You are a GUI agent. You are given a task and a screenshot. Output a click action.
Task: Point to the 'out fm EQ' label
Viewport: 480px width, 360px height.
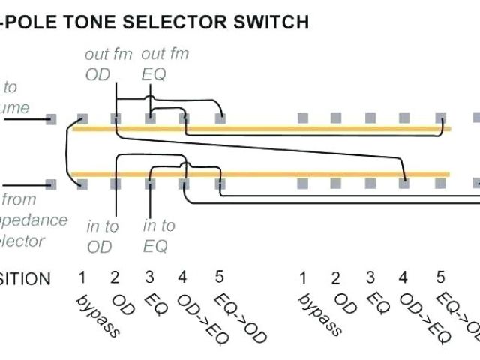164,64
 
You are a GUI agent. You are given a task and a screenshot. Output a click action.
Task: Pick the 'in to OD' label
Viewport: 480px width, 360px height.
102,235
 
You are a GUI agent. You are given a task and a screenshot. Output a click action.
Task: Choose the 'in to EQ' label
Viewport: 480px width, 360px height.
159,235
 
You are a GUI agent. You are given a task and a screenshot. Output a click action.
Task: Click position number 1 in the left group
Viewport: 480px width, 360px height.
82,278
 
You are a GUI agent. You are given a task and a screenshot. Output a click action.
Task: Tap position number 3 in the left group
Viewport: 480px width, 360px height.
149,278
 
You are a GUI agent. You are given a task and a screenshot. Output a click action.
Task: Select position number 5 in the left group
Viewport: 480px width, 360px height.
219,277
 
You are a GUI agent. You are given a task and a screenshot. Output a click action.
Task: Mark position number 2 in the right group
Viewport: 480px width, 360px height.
337,278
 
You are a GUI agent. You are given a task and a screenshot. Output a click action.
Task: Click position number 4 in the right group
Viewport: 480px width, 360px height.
403,278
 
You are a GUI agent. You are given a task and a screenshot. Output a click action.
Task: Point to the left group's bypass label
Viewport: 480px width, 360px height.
97,315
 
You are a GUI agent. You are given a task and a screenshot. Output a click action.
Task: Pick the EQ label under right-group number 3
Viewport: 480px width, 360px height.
378,303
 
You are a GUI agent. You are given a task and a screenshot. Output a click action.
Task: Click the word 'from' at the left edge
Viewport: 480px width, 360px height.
20,199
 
